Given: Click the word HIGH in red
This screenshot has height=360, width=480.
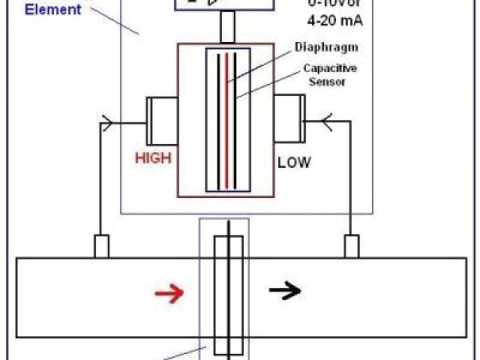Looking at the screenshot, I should pos(153,158).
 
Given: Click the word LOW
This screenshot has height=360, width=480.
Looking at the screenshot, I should pos(294,161).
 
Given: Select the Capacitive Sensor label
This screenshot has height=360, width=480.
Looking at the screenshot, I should pos(324,74).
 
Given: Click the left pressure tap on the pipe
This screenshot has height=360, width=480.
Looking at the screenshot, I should pos(101,246).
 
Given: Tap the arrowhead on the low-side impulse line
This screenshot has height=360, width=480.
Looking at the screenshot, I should pos(326,120).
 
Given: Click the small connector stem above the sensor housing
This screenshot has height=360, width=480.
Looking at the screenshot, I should pos(228,28).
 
